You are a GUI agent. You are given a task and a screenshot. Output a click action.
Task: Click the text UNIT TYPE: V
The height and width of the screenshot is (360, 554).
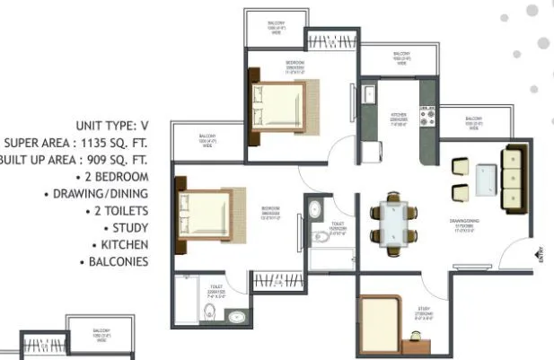click(104, 125)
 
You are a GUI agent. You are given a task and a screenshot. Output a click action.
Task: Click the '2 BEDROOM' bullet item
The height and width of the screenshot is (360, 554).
click(116, 176)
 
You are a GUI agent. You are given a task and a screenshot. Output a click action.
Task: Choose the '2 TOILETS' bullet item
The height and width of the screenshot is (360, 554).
click(119, 210)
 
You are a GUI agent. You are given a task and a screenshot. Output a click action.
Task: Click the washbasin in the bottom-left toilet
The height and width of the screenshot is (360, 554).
click(236, 315)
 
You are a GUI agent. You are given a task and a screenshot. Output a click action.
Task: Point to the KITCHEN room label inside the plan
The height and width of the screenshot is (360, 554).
click(399, 116)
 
